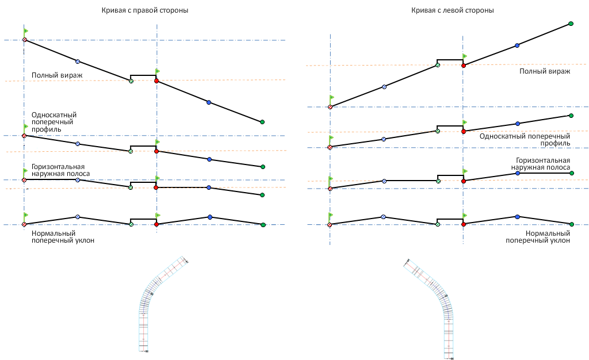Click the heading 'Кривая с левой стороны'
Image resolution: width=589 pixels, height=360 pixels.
point(453,10)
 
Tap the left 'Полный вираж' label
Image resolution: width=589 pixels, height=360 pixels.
point(57,75)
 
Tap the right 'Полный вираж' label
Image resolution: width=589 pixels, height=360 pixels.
point(544,71)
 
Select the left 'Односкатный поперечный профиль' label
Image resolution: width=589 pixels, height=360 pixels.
point(54,122)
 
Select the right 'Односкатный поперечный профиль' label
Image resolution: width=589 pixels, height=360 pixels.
point(524,139)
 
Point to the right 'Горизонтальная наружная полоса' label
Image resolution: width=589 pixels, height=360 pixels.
point(540,164)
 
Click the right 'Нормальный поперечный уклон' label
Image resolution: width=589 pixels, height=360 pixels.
point(538,237)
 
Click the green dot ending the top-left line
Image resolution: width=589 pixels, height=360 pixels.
point(262,122)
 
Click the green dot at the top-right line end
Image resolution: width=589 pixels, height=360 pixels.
point(571,24)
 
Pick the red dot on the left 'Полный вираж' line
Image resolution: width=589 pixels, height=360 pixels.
point(156,81)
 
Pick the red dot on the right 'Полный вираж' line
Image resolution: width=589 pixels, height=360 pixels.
point(464,66)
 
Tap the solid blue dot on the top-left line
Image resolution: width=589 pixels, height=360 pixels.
point(209,102)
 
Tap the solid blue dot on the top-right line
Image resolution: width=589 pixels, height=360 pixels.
point(517,45)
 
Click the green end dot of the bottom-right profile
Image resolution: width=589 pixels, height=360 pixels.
point(571,224)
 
